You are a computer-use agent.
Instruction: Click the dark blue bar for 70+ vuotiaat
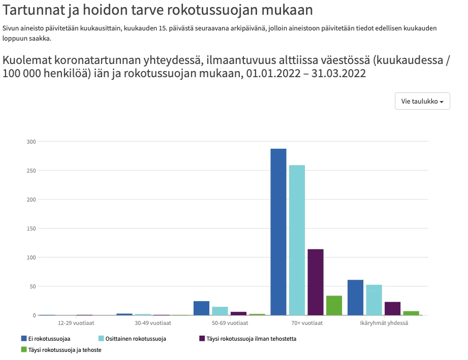pos(278,232)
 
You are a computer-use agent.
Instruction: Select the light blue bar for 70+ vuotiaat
pos(297,240)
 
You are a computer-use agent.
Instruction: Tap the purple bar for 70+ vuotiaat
pos(316,282)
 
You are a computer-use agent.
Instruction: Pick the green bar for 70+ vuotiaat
pos(334,306)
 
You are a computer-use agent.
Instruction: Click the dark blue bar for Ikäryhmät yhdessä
pos(355,298)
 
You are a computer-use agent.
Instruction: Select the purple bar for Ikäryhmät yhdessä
pos(392,309)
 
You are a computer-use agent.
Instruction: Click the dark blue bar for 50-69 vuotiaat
pos(201,308)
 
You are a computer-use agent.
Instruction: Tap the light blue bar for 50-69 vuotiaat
pos(220,311)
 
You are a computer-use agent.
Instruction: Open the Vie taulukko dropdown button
pos(422,101)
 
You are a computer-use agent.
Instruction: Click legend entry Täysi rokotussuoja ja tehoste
pos(61,349)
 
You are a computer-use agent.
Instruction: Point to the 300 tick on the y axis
pos(32,142)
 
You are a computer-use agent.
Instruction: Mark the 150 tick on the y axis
pos(32,228)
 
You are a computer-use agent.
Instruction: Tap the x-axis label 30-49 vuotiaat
pos(153,323)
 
